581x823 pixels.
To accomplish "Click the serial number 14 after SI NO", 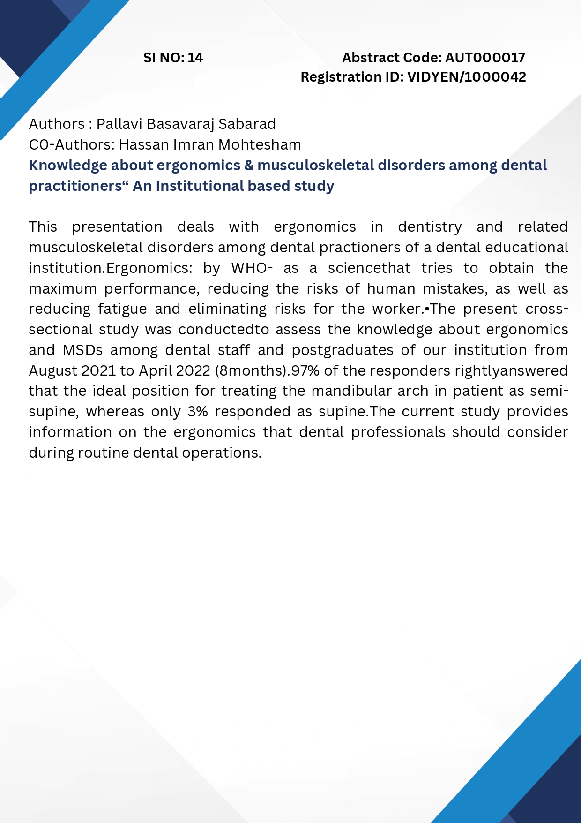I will click(195, 58).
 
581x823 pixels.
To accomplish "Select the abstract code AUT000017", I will click(485, 58).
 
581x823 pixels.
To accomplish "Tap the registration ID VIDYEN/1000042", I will click(467, 77).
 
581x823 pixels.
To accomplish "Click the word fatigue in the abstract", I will click(118, 309).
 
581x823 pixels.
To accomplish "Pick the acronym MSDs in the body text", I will click(82, 350).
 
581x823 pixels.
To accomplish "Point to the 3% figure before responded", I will click(197, 412).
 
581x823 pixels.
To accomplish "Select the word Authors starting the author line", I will click(57, 124).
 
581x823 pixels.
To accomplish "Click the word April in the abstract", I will click(156, 371).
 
